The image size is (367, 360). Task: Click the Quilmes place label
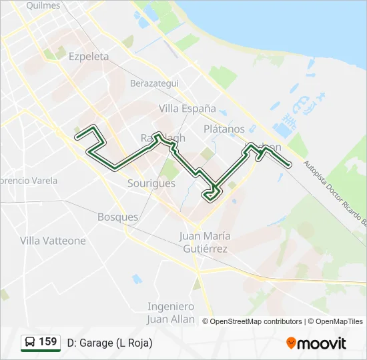click(43, 5)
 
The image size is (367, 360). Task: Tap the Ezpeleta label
click(89, 57)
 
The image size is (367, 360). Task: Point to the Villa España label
click(188, 108)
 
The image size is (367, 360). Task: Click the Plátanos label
click(224, 129)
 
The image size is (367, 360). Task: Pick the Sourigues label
click(151, 183)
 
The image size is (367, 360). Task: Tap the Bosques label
click(117, 217)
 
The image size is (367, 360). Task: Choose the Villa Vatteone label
click(53, 241)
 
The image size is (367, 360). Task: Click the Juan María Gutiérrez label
click(204, 243)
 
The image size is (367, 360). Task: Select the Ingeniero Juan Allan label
click(171, 313)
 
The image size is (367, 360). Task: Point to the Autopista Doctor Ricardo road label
click(334, 193)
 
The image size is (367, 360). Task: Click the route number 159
click(47, 342)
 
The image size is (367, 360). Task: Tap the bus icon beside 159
click(30, 343)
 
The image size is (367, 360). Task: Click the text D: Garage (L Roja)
click(109, 343)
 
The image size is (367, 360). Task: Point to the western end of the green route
click(77, 136)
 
